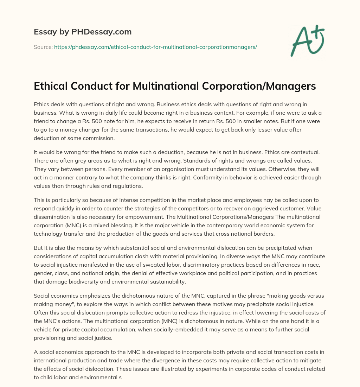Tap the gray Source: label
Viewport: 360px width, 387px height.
click(x=43, y=47)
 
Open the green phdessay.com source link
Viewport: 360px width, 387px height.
click(x=155, y=47)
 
